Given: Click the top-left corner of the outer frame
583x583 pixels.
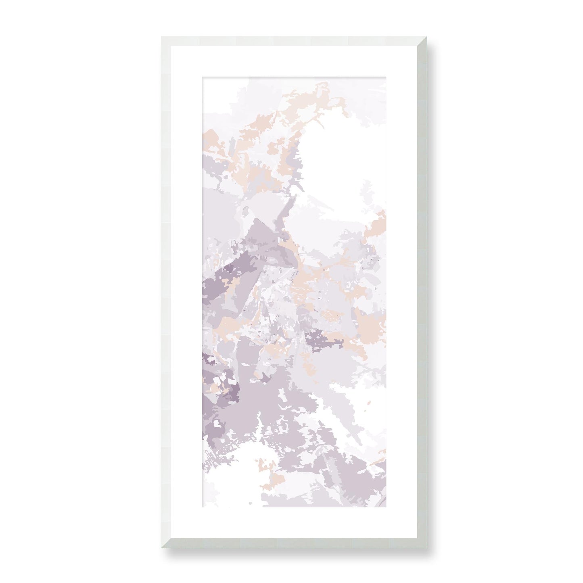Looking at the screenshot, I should (162, 37).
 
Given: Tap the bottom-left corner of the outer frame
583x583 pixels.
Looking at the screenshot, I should (162, 546).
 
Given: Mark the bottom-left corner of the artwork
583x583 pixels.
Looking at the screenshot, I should (201, 508).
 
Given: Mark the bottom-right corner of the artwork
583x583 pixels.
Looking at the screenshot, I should (382, 508).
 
